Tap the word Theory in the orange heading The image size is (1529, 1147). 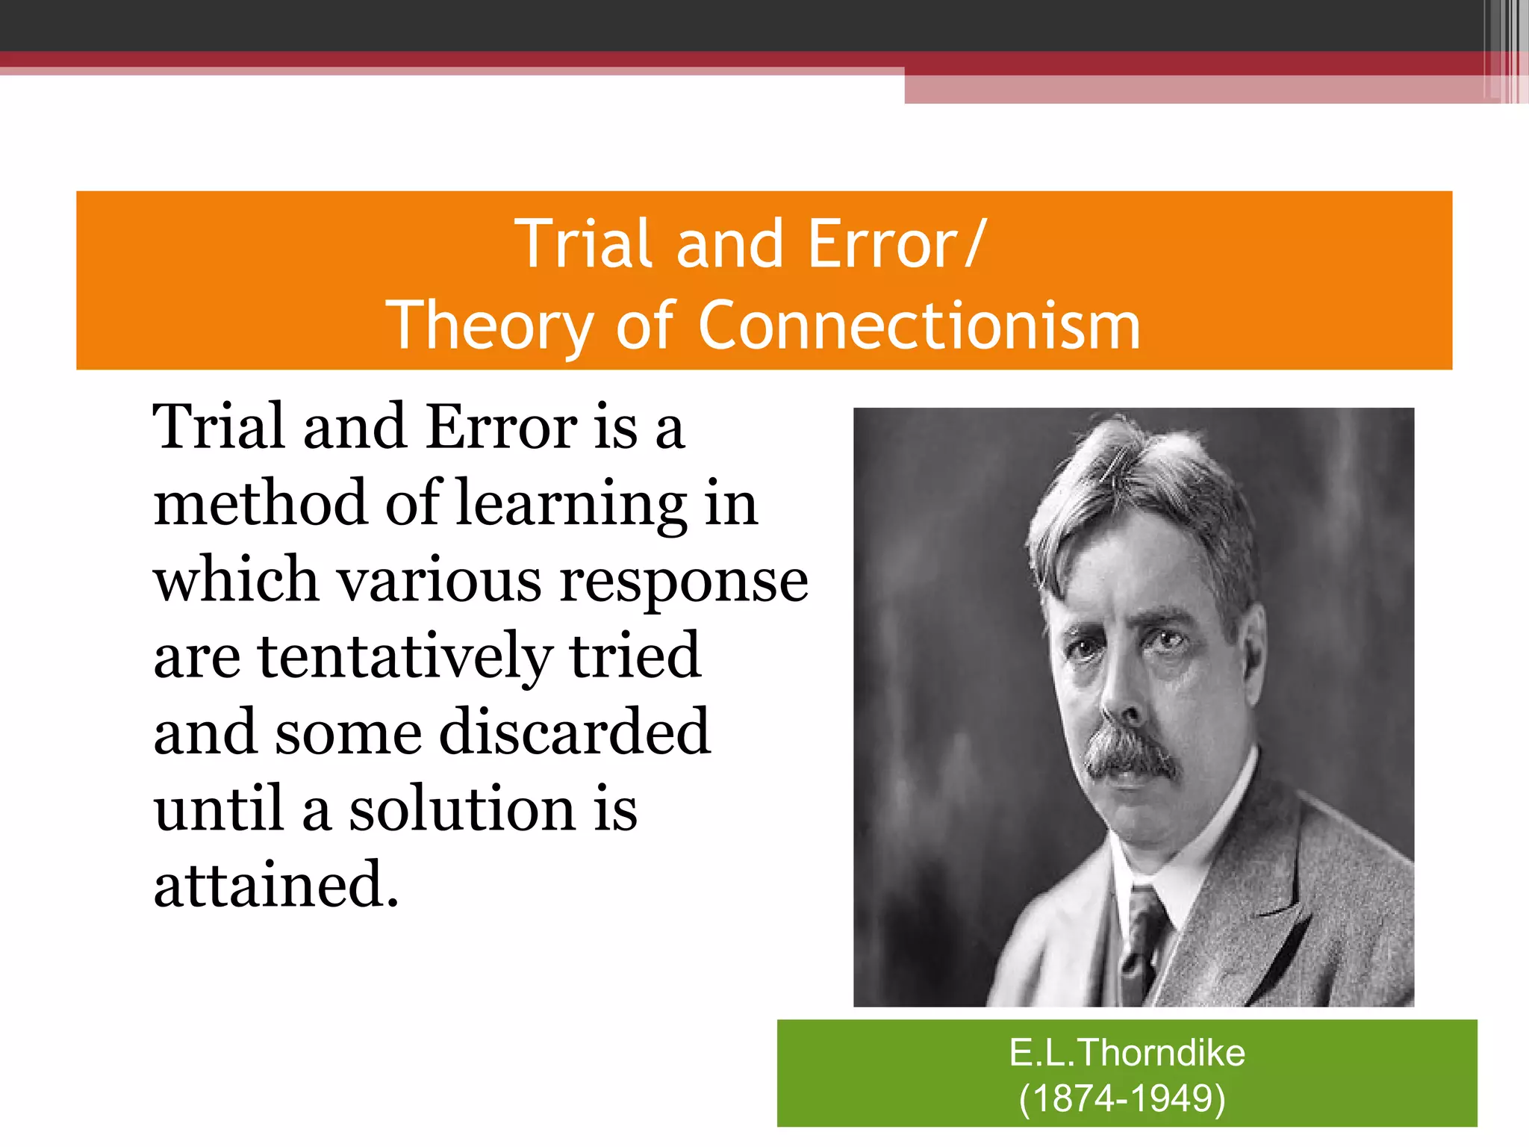tap(489, 326)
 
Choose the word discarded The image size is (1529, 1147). tap(574, 731)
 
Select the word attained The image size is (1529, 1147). tap(275, 884)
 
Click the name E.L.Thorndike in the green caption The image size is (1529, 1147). tap(1127, 1053)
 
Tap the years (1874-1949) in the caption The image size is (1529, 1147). tap(1122, 1098)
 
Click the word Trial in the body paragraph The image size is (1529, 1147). tap(218, 427)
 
